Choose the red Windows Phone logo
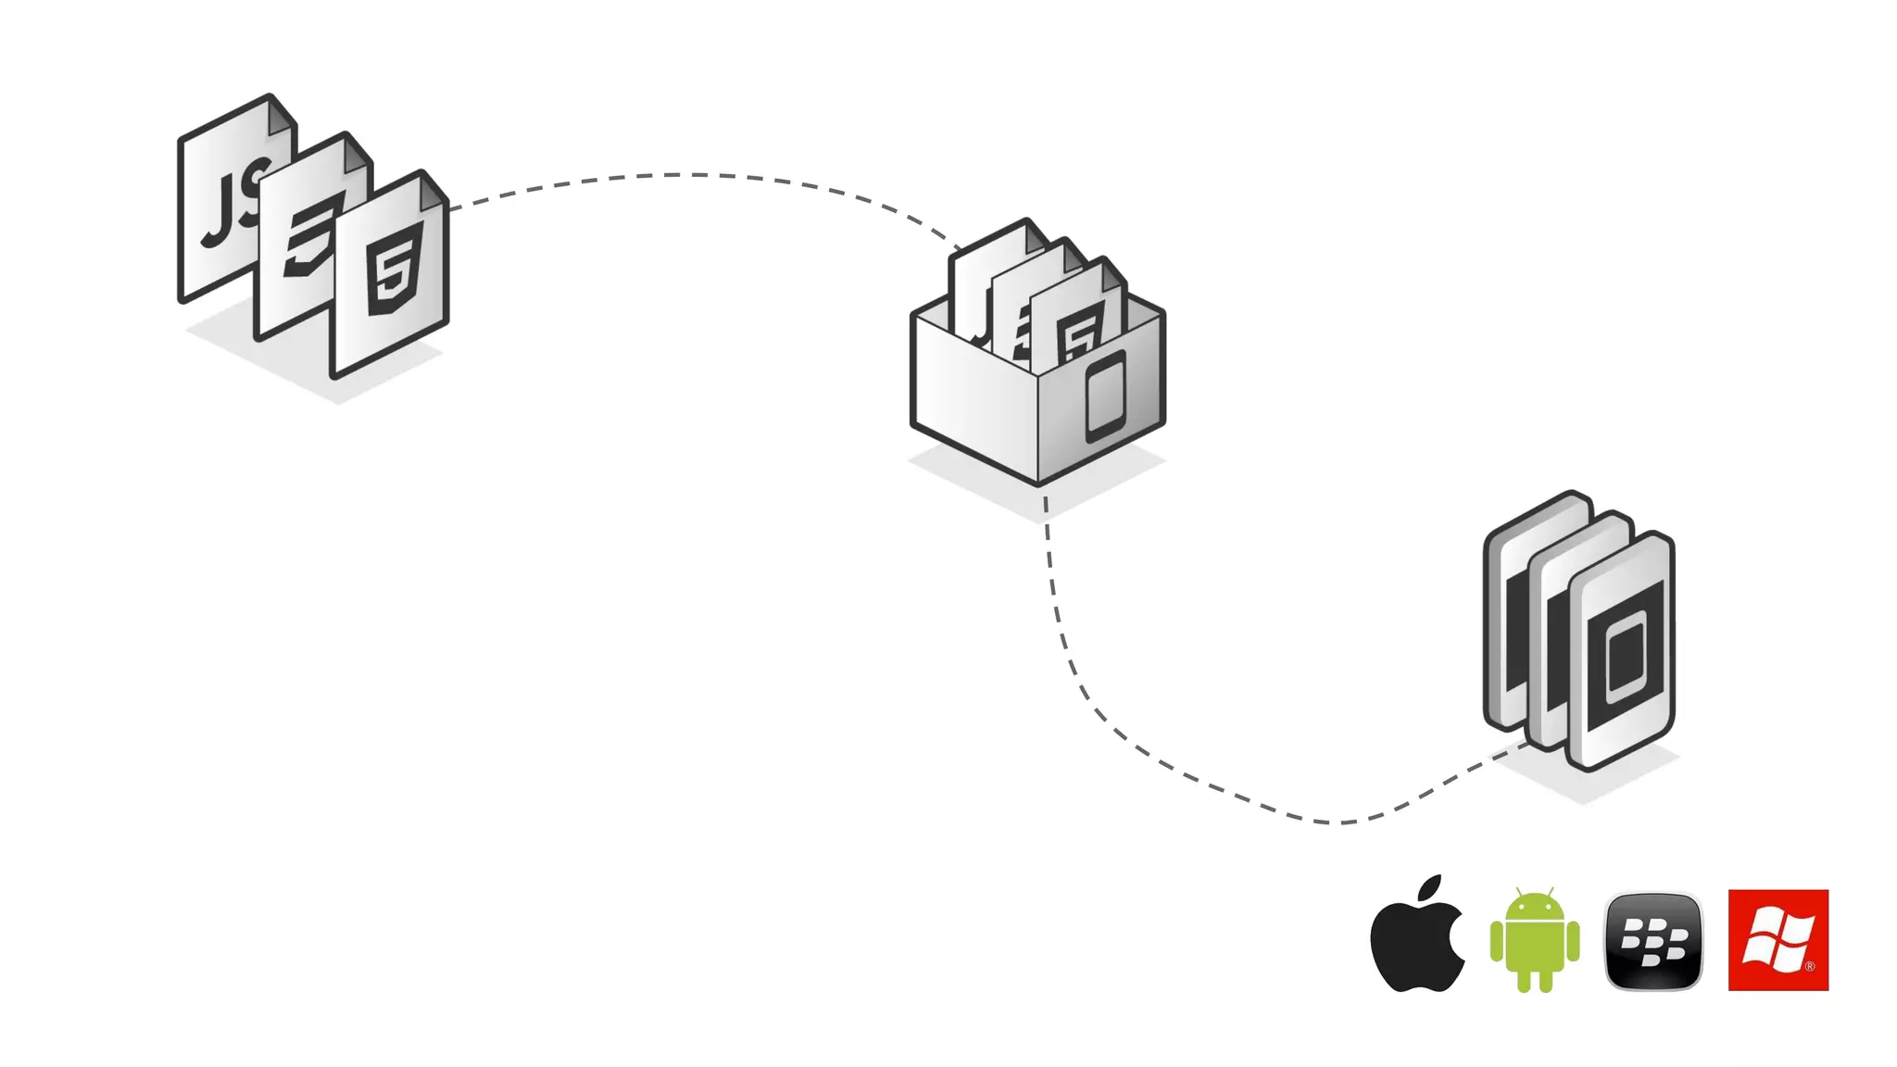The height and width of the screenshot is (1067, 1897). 1778,940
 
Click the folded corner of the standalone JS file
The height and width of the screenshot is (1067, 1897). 281,116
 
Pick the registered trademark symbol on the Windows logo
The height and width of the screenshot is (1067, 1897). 1810,967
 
